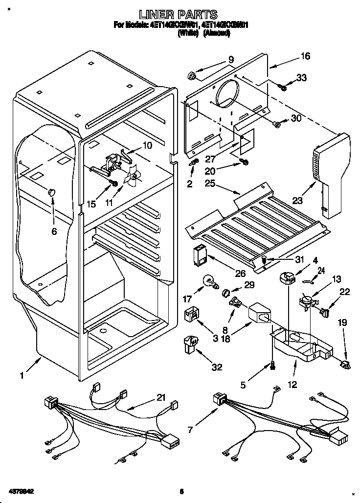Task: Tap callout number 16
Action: click(305, 56)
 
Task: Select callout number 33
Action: click(302, 77)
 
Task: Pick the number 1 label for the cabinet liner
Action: click(22, 376)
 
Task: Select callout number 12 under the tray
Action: click(292, 385)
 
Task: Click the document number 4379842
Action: click(20, 491)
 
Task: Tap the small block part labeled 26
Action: click(200, 254)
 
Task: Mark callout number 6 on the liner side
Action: click(54, 231)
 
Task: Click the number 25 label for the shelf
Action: click(210, 183)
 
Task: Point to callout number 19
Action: click(342, 322)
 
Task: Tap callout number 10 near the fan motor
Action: click(147, 145)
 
